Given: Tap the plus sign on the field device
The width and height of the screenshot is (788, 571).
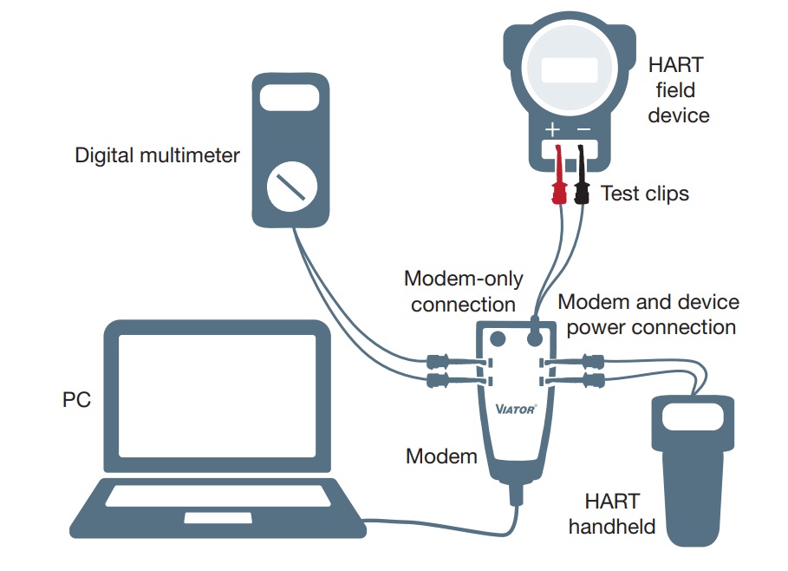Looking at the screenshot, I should pos(552,130).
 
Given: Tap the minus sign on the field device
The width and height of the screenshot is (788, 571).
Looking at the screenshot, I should pos(583,130).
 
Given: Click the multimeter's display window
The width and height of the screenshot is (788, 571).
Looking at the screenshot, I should pos(289,97).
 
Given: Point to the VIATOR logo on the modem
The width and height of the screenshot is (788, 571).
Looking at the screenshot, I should pos(516,408).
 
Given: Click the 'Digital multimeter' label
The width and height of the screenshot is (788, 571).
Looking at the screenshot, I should pos(157,155).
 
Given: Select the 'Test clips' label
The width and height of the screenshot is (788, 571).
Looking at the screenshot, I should pos(645,193).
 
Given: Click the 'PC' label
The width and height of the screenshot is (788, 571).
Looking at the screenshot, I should pos(76,400).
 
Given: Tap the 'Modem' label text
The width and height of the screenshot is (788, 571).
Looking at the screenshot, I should pos(441,456).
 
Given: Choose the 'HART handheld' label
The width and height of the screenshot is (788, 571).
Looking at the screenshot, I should pos(612,513).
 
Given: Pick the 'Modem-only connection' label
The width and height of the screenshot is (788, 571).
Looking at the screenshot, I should pos(464,292).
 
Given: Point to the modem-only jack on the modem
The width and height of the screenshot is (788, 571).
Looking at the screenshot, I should pos(498,338).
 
